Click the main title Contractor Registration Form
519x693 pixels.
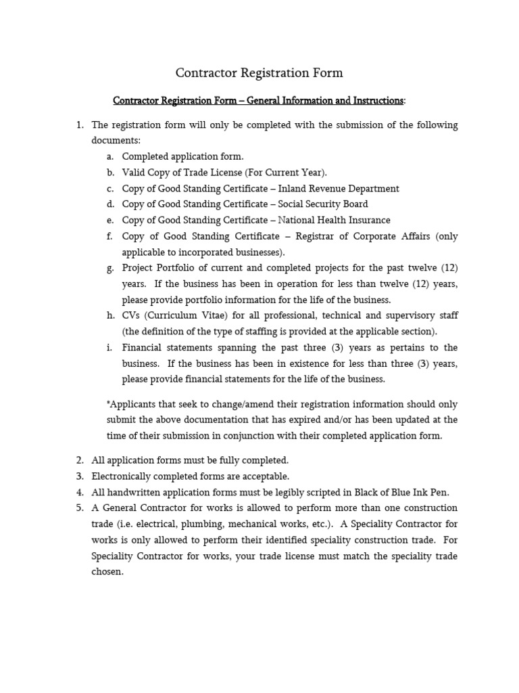coord(259,72)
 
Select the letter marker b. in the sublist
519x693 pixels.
coord(110,173)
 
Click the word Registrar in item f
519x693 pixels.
coord(315,236)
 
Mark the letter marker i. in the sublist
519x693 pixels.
coord(110,347)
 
